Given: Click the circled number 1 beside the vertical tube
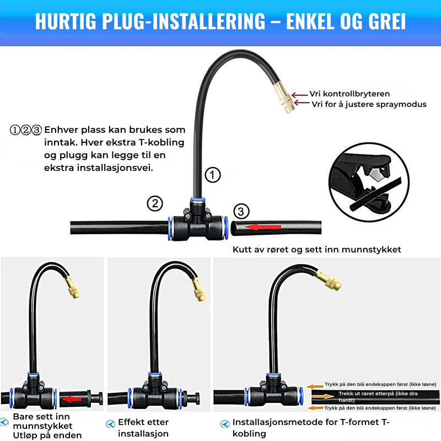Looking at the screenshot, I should [x=213, y=175].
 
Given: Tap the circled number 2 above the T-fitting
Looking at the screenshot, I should [x=155, y=203].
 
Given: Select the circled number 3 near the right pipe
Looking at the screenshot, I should [x=241, y=211].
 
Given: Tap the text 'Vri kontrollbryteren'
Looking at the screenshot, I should [x=349, y=94].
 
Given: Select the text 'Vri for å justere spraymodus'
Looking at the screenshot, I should [x=369, y=104].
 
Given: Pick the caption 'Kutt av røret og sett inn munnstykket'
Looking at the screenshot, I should [x=316, y=250].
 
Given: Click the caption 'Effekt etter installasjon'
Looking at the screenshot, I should [x=143, y=427].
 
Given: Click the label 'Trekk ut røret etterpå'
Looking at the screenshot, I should [x=369, y=395].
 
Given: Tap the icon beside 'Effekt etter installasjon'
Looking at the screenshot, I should [x=110, y=424].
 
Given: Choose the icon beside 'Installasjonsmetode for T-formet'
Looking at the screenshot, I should [x=224, y=424].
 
